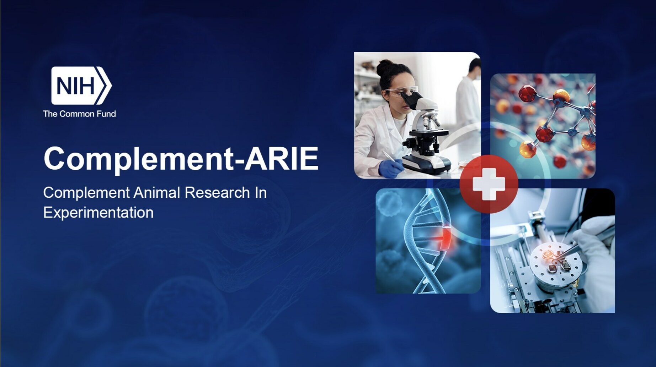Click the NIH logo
click(81, 86)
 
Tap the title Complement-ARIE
click(181, 158)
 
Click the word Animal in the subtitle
click(157, 193)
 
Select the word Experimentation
click(98, 213)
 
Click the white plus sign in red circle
click(489, 184)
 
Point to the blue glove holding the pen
click(390, 169)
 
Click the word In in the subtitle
click(260, 193)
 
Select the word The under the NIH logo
click(50, 114)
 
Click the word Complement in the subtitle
click(86, 193)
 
